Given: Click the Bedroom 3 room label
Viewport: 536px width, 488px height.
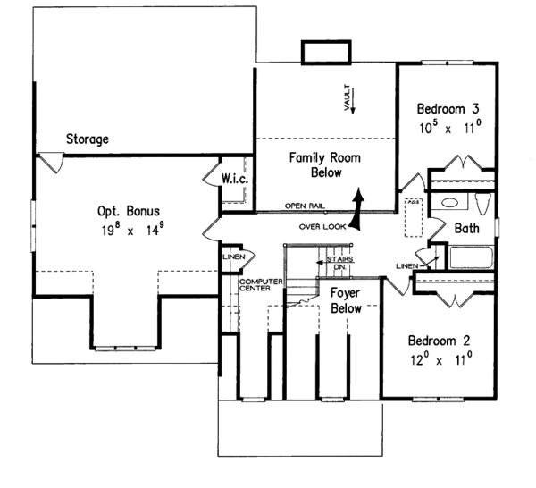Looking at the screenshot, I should tap(450, 109).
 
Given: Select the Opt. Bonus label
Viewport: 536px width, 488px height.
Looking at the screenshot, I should tap(129, 211).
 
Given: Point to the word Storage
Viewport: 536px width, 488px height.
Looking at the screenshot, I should tap(87, 139).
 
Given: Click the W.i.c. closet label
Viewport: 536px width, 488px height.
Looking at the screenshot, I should tap(234, 180).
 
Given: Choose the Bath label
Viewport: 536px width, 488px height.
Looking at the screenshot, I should tap(466, 229).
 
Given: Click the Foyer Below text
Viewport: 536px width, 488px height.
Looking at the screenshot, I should tap(346, 301).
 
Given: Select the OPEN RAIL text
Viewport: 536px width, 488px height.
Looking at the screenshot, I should tap(303, 205).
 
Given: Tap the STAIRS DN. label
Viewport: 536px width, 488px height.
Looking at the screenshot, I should tap(339, 263).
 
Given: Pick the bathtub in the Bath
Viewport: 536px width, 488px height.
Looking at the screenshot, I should tap(470, 258).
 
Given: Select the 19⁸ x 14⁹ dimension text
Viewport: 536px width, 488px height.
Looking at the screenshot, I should tap(129, 230).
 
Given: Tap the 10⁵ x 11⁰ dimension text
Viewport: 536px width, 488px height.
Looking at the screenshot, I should tap(450, 127).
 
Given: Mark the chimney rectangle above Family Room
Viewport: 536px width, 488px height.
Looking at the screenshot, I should tap(325, 52).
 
